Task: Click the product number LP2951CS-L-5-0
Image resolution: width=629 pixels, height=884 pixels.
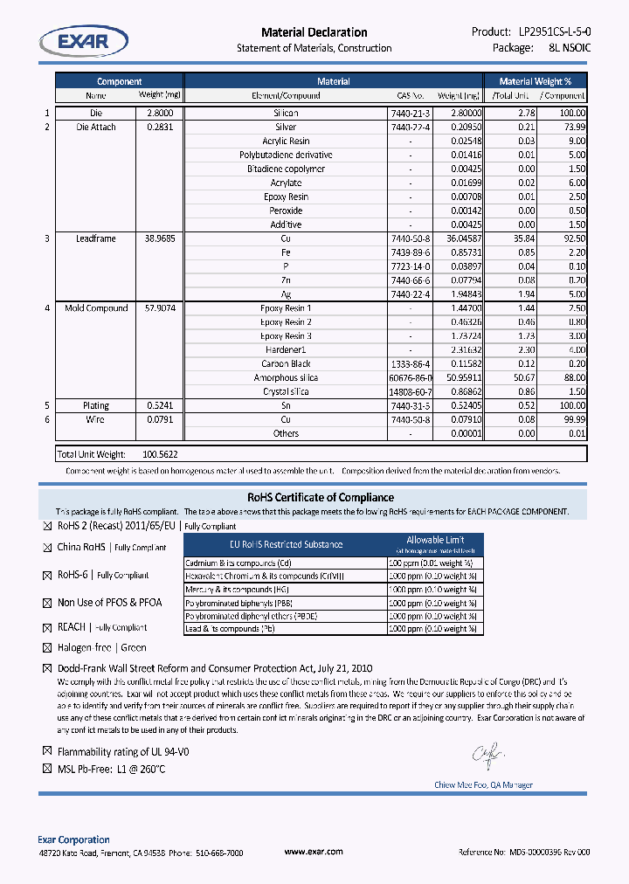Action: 549,31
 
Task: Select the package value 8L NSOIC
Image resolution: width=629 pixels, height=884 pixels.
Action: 570,48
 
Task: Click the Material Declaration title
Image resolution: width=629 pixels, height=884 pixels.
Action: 314,32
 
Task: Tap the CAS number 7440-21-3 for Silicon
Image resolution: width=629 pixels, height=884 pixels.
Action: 411,114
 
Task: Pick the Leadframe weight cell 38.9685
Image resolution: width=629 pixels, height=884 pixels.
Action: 160,238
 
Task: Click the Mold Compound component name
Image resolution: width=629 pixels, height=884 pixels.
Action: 96,308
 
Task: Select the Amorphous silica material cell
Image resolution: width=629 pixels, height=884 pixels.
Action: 286,378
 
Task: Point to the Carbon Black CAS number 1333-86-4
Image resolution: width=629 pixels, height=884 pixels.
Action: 411,364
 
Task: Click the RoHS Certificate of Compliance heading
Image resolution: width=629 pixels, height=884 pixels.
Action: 314,497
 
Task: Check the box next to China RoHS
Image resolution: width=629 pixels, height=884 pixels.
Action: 48,548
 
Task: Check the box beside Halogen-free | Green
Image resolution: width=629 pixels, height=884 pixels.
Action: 48,648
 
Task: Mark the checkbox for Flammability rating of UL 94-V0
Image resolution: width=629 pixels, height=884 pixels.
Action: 48,751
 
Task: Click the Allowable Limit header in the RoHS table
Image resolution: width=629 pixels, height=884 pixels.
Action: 434,540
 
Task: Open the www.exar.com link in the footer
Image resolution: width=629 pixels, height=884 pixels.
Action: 314,852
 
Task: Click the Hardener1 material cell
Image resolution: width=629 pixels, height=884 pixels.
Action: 286,350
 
